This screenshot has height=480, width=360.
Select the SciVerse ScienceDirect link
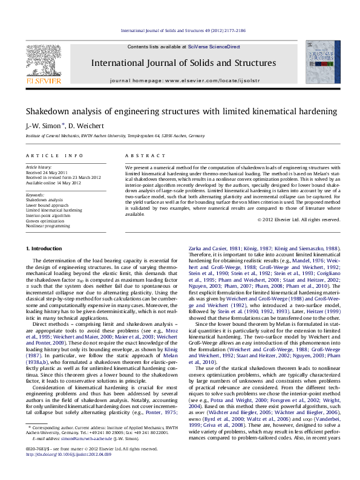(214, 47)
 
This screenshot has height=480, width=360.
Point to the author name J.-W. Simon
(42, 126)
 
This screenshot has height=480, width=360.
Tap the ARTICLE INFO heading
(46, 155)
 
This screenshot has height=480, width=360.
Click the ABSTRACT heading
(139, 155)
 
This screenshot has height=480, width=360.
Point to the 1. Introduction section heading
(45, 249)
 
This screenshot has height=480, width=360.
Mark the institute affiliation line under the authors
(106, 136)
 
